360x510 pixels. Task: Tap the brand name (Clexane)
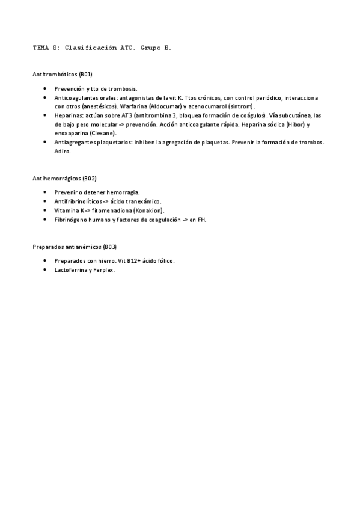pos(103,132)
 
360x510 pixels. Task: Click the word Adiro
pos(63,151)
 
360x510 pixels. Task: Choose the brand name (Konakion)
pos(148,210)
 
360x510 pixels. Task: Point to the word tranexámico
pos(144,201)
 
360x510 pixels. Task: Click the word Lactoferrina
pos(71,270)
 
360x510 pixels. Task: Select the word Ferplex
pos(103,270)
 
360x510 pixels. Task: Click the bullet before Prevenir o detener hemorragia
pos(46,192)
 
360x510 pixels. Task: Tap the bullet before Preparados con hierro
pos(46,261)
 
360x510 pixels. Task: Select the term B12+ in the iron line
pos(133,261)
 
